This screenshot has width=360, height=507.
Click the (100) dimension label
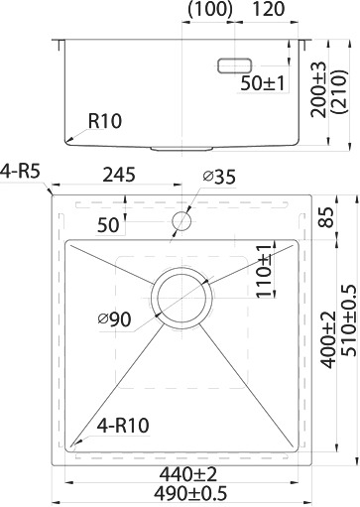210,9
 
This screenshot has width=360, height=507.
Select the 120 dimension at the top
268,9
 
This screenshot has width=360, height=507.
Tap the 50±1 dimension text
262,83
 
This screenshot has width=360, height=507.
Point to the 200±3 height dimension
318,89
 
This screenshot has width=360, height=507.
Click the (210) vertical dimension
340,91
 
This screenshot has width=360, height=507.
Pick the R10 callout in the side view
105,121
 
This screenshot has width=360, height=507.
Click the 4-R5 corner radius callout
20,172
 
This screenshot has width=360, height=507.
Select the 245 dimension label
119,175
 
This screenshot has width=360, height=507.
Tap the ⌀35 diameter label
219,177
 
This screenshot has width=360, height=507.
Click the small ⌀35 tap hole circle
181,221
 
